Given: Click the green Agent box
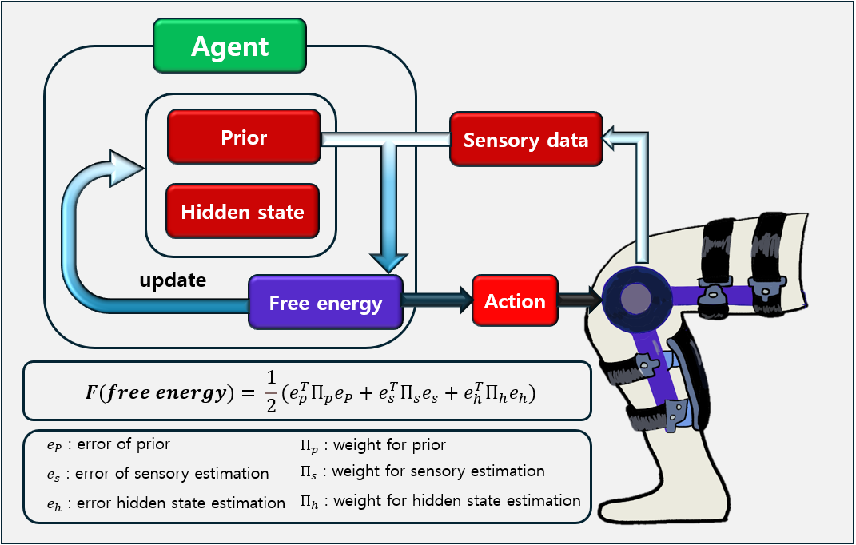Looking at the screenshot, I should tap(229, 46).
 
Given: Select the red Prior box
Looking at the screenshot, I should tap(244, 137).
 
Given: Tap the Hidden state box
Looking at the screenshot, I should tap(242, 212).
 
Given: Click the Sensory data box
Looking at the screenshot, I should tap(525, 141).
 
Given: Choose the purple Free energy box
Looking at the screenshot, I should tap(325, 303).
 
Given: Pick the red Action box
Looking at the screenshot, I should tap(515, 301).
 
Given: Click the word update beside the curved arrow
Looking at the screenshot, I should tap(173, 280).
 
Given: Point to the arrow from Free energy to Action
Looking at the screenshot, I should tap(437, 300).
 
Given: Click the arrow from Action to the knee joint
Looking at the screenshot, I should tap(579, 300).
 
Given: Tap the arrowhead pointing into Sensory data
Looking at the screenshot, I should tap(615, 141).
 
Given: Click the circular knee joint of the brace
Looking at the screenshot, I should tap(636, 297).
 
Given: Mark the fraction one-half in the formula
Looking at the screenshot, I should tap(268, 392).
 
